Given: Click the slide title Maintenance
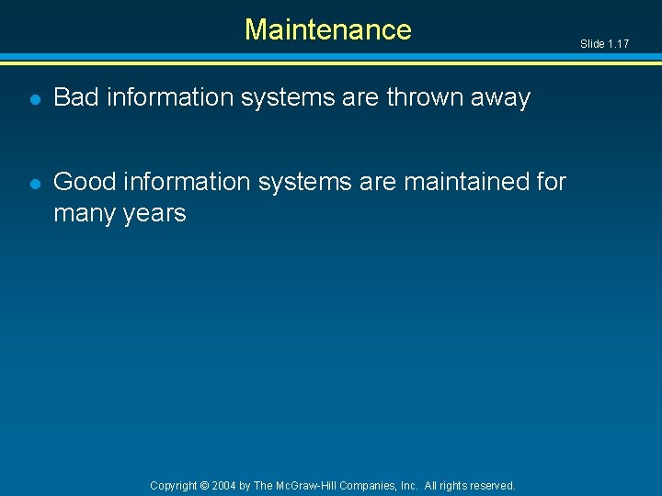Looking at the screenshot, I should [327, 29].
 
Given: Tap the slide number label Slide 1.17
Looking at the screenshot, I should [605, 44].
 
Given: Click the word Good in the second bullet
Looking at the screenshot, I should [83, 182].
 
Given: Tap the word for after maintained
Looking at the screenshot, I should [550, 182].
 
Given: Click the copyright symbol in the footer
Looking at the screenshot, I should [206, 485].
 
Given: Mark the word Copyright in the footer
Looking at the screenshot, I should [174, 485].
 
